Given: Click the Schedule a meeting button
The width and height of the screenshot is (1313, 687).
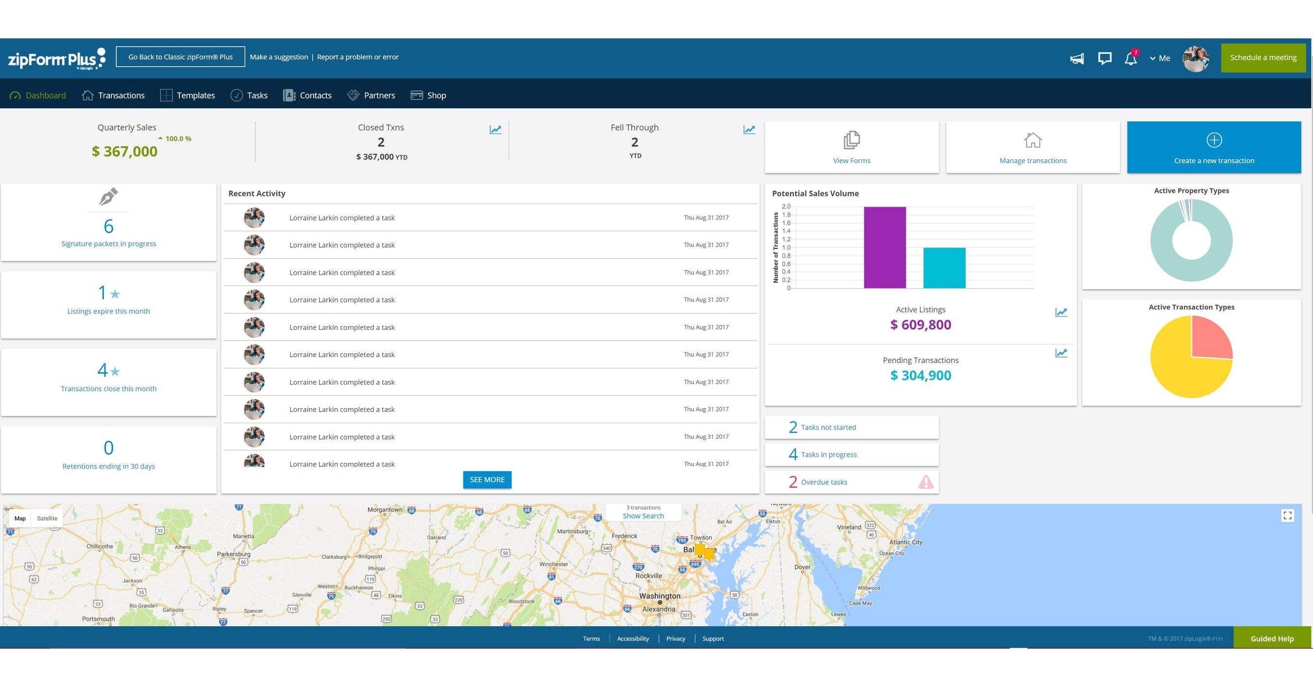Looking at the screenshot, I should (1262, 57).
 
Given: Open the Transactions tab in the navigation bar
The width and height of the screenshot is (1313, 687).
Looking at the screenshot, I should (121, 95).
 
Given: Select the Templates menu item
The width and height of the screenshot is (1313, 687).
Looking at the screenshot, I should (195, 95).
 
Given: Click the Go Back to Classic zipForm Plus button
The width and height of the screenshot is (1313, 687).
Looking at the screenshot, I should (180, 56).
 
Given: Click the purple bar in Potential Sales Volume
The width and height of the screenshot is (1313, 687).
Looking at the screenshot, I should (885, 247).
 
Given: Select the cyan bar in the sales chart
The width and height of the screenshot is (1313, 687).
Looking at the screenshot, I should (944, 268).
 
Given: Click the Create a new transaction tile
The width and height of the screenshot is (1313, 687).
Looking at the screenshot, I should (1214, 147).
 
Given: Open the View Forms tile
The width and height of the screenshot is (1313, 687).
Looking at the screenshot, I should (851, 147).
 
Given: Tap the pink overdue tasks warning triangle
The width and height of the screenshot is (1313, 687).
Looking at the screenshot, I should (925, 482).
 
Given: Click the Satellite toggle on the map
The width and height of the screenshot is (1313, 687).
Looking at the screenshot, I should (47, 518).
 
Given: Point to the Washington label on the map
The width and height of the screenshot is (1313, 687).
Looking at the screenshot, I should (659, 595).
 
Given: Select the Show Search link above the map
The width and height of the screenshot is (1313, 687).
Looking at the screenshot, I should (643, 516).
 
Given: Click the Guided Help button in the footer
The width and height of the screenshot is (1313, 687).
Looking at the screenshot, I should (1272, 638).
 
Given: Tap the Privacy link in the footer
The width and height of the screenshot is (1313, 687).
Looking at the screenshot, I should (675, 638).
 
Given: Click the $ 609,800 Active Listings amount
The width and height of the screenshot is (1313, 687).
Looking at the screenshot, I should (920, 325).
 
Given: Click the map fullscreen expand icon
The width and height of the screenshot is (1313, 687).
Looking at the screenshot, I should (1287, 515).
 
